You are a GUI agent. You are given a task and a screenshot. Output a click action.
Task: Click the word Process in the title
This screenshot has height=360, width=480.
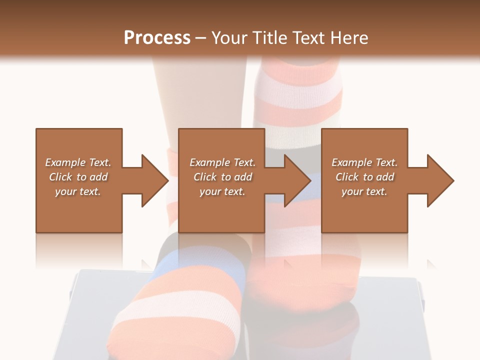157,37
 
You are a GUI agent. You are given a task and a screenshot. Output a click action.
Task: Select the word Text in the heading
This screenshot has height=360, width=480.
309,37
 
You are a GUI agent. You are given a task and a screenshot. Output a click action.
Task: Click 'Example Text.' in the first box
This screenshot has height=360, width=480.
78,162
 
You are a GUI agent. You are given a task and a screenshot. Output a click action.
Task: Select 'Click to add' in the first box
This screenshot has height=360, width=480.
78,177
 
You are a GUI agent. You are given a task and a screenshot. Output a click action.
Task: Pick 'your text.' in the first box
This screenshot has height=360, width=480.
78,191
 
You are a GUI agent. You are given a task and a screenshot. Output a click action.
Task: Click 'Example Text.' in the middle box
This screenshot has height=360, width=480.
222,162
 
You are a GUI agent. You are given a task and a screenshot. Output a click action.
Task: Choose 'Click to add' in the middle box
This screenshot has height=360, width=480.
222,177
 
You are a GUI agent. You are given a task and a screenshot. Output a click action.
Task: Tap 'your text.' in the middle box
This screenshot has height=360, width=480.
222,191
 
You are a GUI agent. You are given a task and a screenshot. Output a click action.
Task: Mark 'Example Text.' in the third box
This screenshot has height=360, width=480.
364,162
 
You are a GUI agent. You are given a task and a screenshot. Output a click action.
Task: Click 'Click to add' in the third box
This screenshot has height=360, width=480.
364,177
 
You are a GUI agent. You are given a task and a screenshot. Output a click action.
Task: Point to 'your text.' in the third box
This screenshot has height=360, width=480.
364,191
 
